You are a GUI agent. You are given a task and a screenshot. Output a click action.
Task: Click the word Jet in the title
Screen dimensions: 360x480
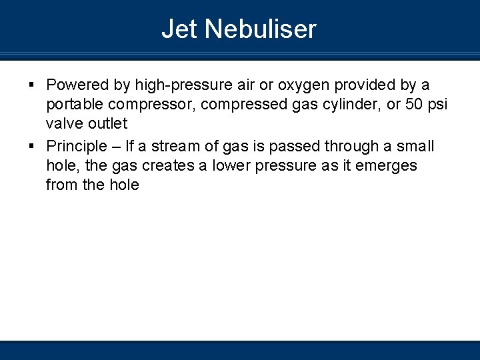(180, 29)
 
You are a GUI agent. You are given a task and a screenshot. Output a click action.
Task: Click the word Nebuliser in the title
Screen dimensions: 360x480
(261, 29)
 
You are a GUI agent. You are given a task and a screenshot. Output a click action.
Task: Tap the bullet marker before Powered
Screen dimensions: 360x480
(32, 85)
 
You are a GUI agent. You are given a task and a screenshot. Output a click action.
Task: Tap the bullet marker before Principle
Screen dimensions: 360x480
(32, 145)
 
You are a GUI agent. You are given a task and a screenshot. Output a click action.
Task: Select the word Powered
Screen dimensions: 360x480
(77, 85)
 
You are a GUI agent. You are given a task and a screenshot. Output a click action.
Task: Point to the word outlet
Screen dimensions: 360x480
(107, 124)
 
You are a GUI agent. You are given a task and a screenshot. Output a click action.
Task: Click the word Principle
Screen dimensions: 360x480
(76, 146)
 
